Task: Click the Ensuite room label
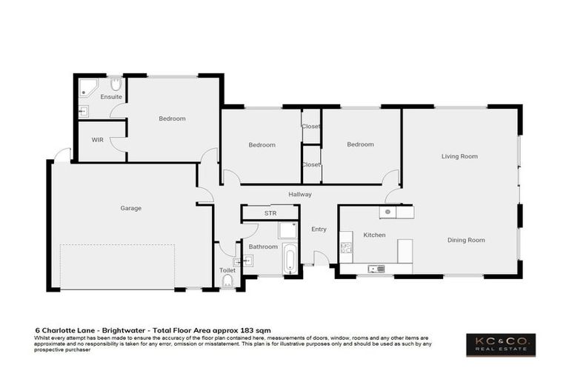click(111, 97)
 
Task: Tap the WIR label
click(97, 139)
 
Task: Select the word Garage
click(130, 208)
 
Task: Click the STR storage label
click(270, 213)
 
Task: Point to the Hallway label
click(300, 194)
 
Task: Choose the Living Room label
click(459, 156)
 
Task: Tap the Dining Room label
click(466, 240)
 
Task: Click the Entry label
click(319, 229)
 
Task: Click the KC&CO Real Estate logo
click(501, 344)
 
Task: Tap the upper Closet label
click(311, 127)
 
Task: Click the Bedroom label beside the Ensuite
click(172, 118)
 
